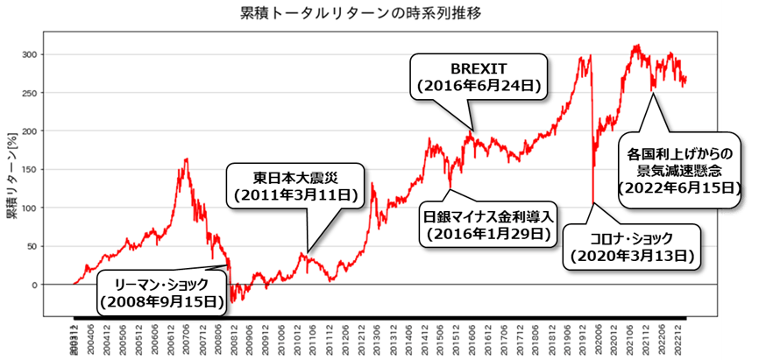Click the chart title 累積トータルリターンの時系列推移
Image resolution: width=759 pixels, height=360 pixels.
pyautogui.click(x=359, y=15)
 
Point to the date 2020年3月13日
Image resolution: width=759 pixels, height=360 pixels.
pyautogui.click(x=631, y=257)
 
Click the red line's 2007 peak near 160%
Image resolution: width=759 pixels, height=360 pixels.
pyautogui.click(x=187, y=159)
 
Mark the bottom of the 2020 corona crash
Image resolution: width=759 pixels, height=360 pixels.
pyautogui.click(x=593, y=203)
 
